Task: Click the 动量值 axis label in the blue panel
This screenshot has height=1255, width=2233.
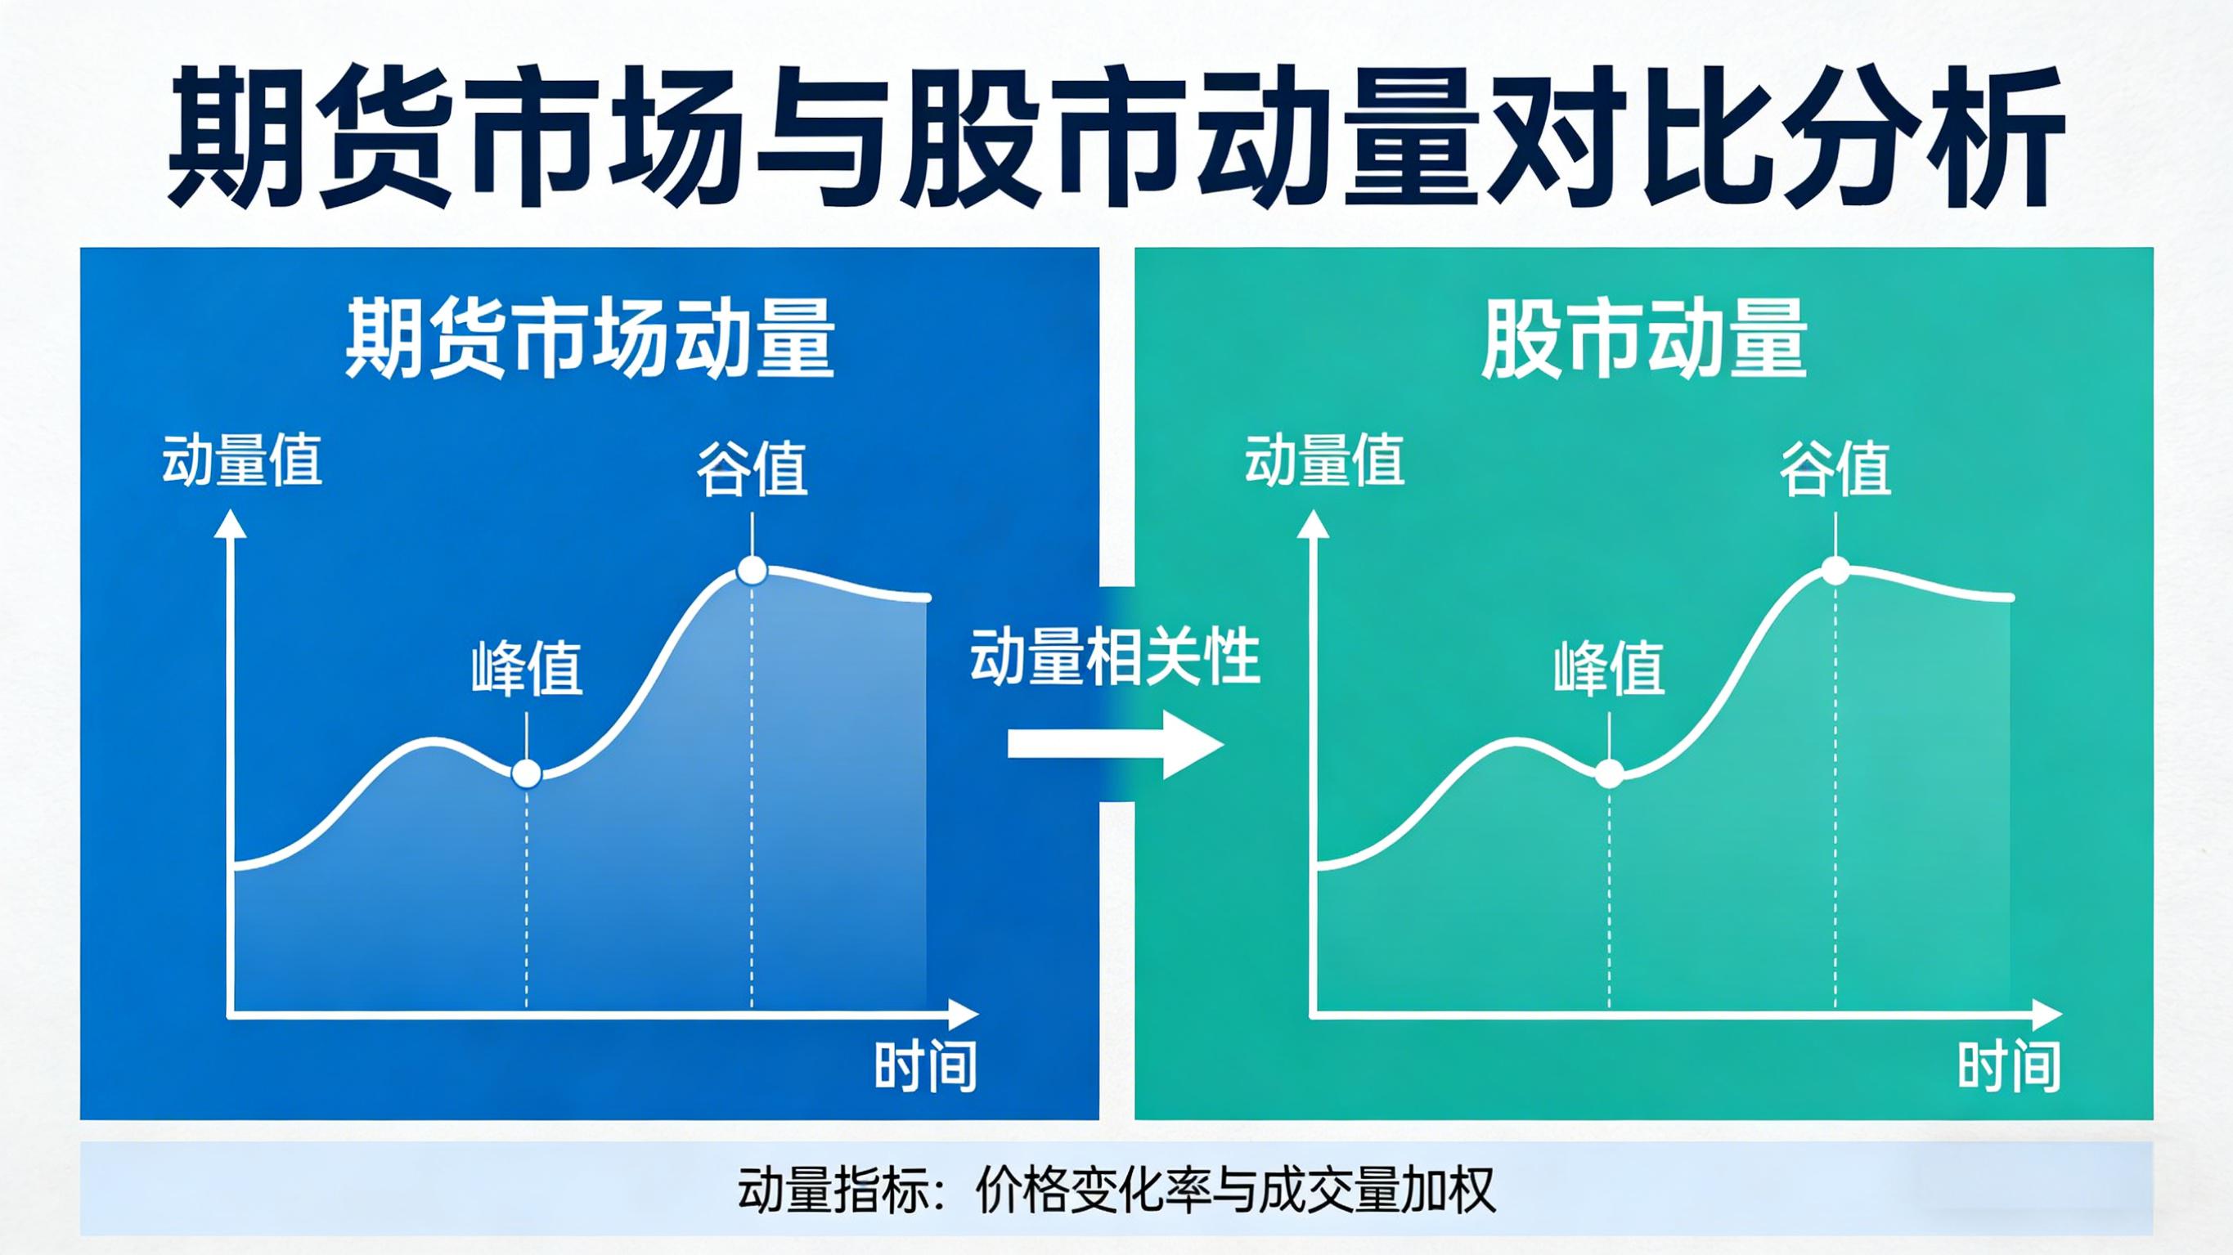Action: click(x=242, y=460)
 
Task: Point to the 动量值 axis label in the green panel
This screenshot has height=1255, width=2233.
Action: click(x=1324, y=460)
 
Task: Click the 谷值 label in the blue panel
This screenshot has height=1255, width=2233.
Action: click(x=753, y=469)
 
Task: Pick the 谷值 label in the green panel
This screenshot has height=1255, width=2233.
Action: click(x=1835, y=469)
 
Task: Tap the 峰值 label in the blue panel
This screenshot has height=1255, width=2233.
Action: click(x=527, y=668)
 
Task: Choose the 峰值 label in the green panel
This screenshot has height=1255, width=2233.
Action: click(x=1609, y=668)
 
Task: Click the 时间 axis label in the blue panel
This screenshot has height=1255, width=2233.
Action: click(x=925, y=1066)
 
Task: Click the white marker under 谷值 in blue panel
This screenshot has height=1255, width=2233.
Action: click(x=752, y=571)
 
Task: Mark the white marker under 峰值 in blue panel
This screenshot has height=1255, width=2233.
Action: click(x=526, y=773)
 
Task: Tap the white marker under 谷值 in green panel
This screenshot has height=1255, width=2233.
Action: click(x=1835, y=571)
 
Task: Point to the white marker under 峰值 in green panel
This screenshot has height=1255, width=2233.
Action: click(x=1609, y=773)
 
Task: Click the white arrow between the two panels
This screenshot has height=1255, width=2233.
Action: click(x=1115, y=745)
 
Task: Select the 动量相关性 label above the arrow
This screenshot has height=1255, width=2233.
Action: click(x=1115, y=658)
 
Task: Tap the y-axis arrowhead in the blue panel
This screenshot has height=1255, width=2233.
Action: click(x=231, y=524)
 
